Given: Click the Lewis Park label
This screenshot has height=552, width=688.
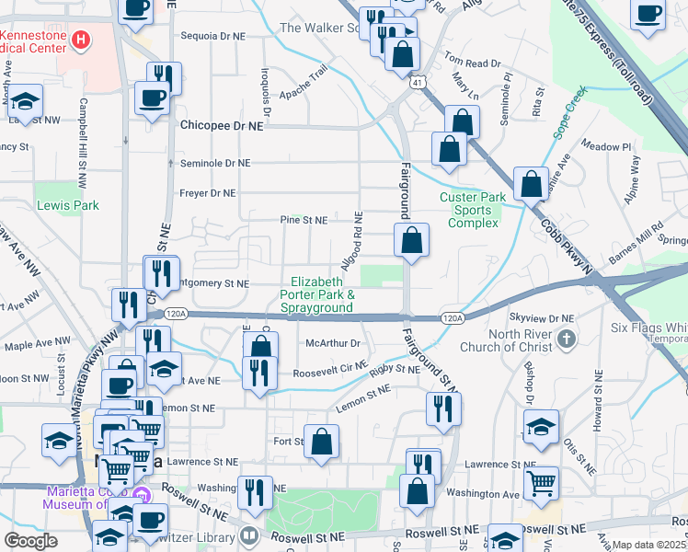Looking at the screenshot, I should tap(67, 206).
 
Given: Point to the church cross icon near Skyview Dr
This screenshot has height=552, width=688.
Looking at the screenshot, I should tap(567, 339).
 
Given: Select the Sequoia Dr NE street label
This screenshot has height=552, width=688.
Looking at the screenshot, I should tap(213, 36).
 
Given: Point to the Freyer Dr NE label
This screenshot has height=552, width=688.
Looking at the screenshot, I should tap(208, 193).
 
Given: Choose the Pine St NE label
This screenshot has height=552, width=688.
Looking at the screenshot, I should tap(304, 221).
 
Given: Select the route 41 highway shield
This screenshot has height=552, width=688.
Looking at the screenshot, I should tap(417, 83).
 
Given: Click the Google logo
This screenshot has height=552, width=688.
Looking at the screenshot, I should tap(31, 541).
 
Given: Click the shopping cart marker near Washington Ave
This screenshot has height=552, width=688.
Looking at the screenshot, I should tap(540, 480).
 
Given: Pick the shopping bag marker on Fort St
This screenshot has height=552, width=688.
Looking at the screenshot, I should tap(322, 442).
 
